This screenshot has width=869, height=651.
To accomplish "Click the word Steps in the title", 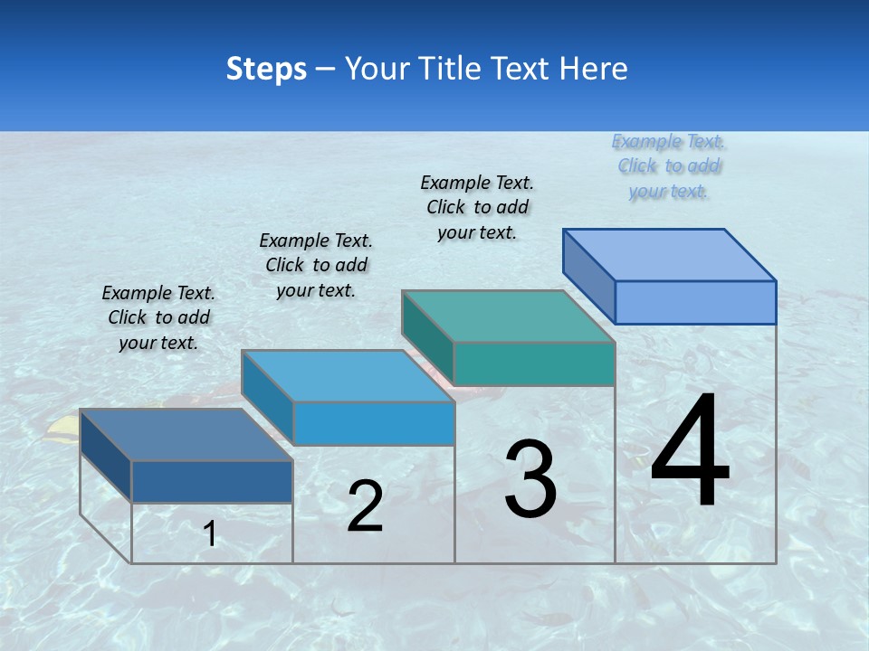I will point(266,69).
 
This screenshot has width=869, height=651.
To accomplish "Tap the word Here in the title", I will point(594,69).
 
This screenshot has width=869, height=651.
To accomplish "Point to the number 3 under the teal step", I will point(530,479).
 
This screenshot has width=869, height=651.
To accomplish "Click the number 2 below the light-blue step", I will point(365,506).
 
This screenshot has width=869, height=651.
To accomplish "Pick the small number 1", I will point(210,533).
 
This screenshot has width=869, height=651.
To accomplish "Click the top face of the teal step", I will point(508,316).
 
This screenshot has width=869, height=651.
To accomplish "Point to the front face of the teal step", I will point(534,364).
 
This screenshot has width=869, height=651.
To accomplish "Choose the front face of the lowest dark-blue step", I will point(212,481).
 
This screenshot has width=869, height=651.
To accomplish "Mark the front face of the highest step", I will point(695,302).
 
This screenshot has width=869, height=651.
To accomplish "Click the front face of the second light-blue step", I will point(374,423).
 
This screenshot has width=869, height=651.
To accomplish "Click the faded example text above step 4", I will point(669,166).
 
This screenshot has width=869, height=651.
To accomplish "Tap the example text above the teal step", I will point(477,207).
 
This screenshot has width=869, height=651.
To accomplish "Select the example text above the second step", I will point(316,265).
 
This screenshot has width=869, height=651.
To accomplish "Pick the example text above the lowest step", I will point(158,317).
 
